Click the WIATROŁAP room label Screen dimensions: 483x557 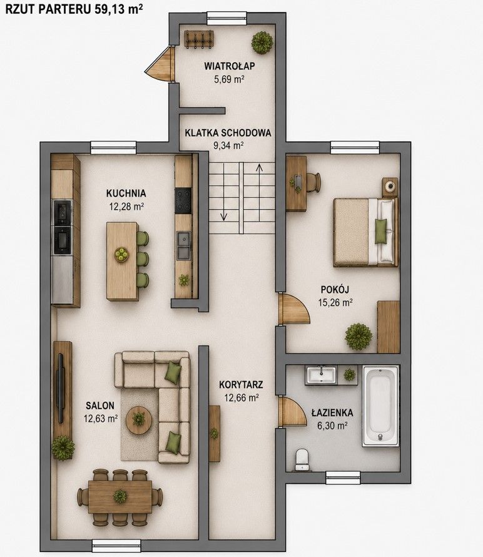(x=230, y=66)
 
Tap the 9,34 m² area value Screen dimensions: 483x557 (x=228, y=145)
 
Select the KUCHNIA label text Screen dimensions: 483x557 (x=126, y=193)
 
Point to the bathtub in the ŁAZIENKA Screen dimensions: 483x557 (x=380, y=406)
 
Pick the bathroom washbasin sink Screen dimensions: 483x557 (x=321, y=376)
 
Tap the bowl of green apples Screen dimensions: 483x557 (x=122, y=254)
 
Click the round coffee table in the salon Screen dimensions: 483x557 (x=139, y=420)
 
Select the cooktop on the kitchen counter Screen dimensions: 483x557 (x=183, y=201)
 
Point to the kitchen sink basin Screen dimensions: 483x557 (x=184, y=245)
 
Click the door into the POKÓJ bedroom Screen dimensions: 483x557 (x=293, y=309)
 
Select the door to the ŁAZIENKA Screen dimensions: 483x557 (x=292, y=411)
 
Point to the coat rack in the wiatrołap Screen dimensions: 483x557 (x=199, y=39)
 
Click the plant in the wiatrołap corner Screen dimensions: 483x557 (x=262, y=43)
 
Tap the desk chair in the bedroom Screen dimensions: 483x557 (x=313, y=182)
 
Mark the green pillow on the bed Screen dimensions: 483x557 (x=381, y=232)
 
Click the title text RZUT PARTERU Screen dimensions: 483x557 (x=48, y=9)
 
